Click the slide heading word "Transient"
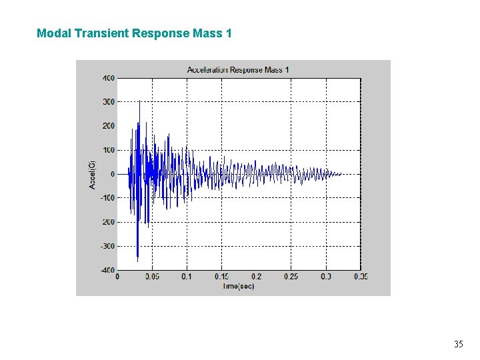point(101,33)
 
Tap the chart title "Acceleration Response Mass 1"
point(238,69)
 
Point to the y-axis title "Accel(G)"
point(93,174)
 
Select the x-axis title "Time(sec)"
point(238,286)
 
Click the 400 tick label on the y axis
point(108,78)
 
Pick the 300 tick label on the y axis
point(108,102)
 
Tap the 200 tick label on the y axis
point(108,126)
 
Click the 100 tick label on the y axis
point(108,150)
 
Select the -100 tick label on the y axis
point(107,198)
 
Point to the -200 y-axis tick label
point(107,222)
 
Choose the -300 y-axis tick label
point(107,246)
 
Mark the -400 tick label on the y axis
point(107,270)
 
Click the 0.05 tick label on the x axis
point(152,277)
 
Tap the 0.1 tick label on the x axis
point(187,277)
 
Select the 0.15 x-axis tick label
point(221,277)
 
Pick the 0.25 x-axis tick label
point(291,277)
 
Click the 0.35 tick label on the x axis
point(360,277)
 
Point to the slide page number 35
point(458,345)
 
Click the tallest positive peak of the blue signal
point(139,102)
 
